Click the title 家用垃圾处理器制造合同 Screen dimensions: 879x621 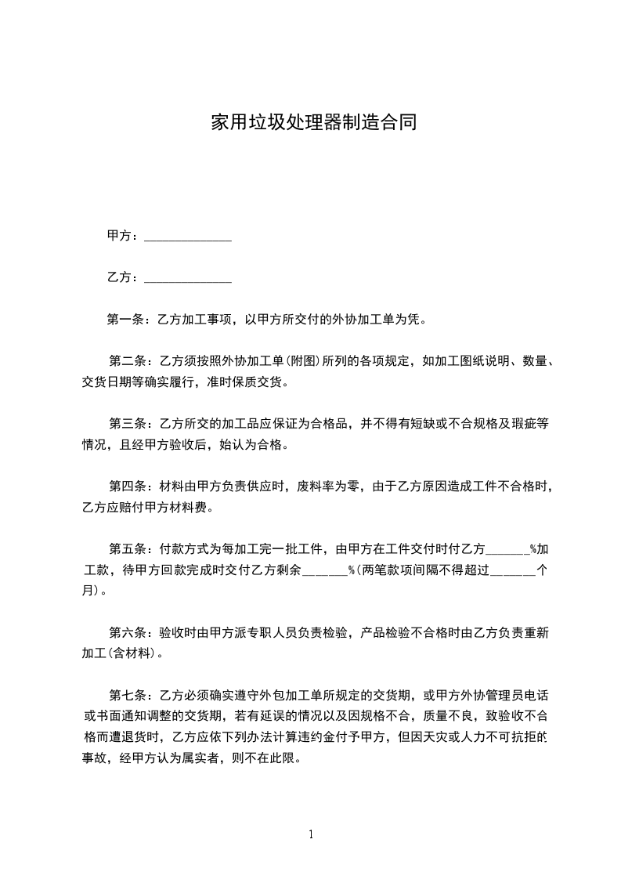311,123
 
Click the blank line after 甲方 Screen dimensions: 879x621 188,237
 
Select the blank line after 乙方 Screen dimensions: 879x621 188,278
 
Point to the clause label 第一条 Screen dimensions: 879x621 127,320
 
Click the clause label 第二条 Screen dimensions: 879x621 128,361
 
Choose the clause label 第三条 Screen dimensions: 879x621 128,424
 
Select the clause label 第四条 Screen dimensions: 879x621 128,487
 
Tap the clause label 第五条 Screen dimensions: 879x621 128,549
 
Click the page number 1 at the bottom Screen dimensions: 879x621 311,834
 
